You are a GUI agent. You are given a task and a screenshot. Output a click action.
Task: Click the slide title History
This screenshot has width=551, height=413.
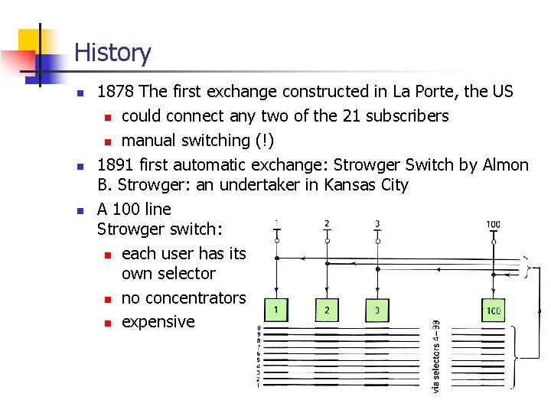coord(112,53)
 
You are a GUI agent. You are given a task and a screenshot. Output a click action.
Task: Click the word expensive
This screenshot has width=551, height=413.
coord(158,322)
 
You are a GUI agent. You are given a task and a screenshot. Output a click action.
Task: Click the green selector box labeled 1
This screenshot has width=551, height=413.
coord(276,309)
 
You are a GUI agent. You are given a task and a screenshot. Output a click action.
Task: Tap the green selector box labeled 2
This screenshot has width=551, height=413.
coord(327,309)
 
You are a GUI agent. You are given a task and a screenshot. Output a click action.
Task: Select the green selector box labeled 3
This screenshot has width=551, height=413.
coord(377,310)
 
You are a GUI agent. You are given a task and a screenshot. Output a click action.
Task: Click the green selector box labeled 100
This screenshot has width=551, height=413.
coord(493,310)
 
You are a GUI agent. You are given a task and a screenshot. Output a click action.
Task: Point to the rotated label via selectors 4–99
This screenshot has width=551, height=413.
coord(436,356)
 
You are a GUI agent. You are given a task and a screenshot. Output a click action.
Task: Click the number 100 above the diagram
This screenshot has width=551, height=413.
coord(493,225)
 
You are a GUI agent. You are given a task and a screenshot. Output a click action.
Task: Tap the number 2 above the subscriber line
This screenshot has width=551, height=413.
coord(327,223)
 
